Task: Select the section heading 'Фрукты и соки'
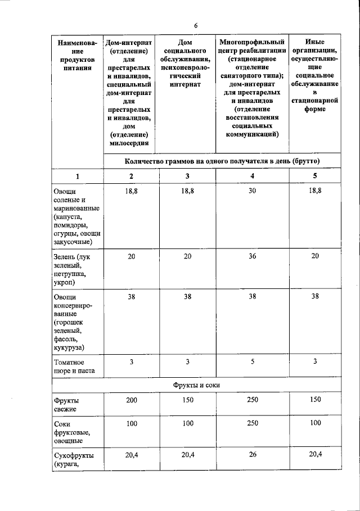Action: pyautogui.click(x=196, y=385)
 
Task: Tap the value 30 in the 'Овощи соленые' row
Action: pyautogui.click(x=252, y=192)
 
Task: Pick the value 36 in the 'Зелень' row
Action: pyautogui.click(x=252, y=256)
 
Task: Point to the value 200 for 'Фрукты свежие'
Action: pyautogui.click(x=131, y=400)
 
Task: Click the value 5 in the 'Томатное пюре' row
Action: pyautogui.click(x=252, y=361)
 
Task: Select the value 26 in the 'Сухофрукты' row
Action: pyautogui.click(x=252, y=455)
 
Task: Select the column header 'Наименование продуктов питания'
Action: pyautogui.click(x=77, y=56)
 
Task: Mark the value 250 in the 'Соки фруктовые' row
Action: pyautogui.click(x=252, y=423)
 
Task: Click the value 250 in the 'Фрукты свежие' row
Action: pyautogui.click(x=252, y=400)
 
